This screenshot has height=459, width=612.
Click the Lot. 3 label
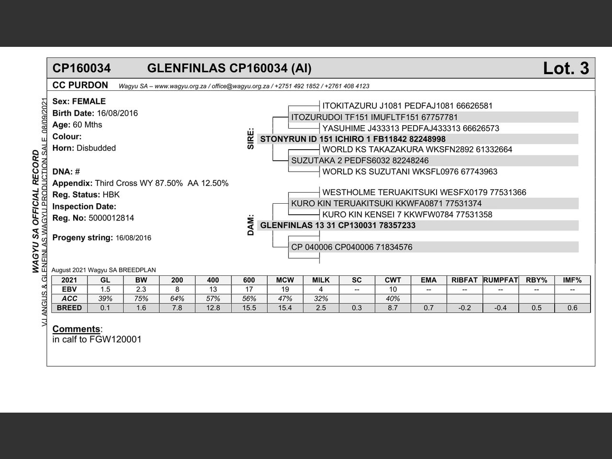click(x=566, y=68)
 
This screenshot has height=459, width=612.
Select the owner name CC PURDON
click(x=80, y=85)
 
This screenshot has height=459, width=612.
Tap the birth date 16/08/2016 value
click(x=117, y=113)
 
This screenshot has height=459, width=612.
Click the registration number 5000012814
click(x=111, y=218)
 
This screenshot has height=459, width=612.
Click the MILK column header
click(x=321, y=280)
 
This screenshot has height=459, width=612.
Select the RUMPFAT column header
click(x=501, y=280)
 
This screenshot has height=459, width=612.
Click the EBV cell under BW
click(x=141, y=289)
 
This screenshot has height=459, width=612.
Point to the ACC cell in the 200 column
click(x=177, y=298)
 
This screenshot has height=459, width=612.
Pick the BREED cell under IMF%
click(x=572, y=308)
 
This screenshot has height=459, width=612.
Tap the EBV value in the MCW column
click(x=285, y=289)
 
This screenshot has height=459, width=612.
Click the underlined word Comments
click(x=76, y=329)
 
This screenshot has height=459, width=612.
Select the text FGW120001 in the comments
click(x=115, y=339)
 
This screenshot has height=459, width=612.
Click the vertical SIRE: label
click(x=251, y=139)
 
